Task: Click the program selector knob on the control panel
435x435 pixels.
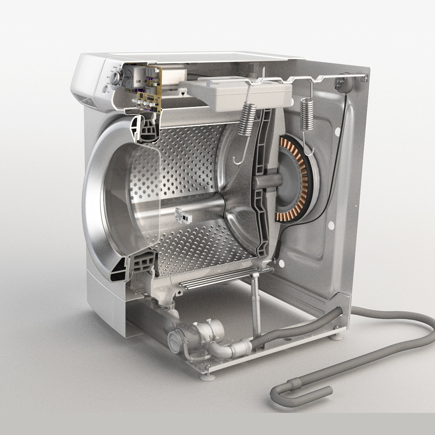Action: (x=115, y=76)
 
